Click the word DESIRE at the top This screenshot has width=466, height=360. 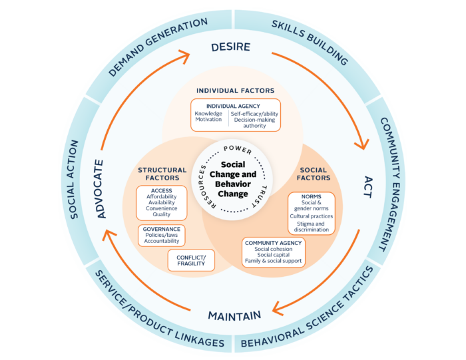(x=230, y=47)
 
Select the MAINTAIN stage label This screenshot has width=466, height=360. (x=234, y=314)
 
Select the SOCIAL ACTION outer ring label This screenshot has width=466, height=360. (x=75, y=180)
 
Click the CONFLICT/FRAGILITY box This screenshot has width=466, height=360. (x=191, y=260)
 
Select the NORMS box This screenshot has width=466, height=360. (x=312, y=213)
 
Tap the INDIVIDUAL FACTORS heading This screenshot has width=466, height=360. (x=235, y=90)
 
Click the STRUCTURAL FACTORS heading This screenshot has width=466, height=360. (x=162, y=174)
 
